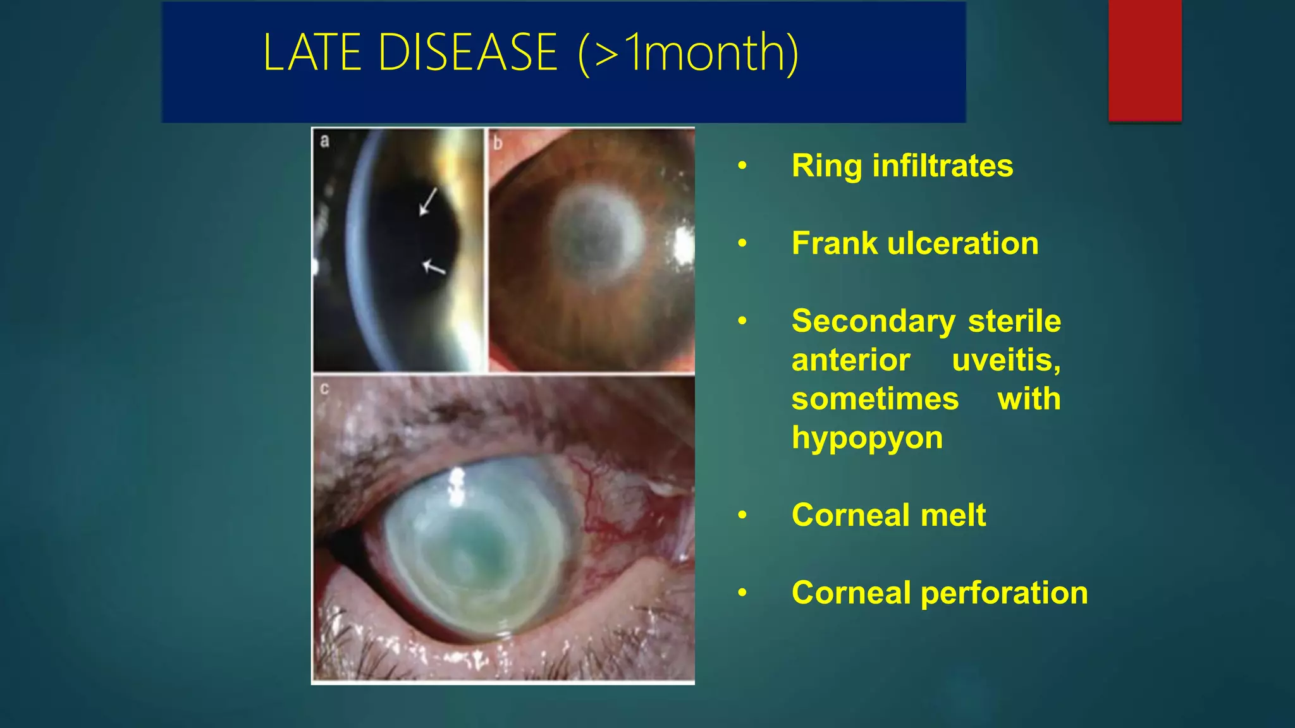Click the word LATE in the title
coord(311,53)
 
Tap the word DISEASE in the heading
coord(467,53)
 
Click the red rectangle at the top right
coord(1145,60)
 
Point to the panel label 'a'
coord(324,140)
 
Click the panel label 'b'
coord(498,143)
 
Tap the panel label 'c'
coord(324,389)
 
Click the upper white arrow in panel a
coord(428,201)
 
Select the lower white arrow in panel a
coord(434,267)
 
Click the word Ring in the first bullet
coord(826,167)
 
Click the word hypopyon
coord(866,438)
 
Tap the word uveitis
coord(1005,361)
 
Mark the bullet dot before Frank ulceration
coord(742,244)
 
